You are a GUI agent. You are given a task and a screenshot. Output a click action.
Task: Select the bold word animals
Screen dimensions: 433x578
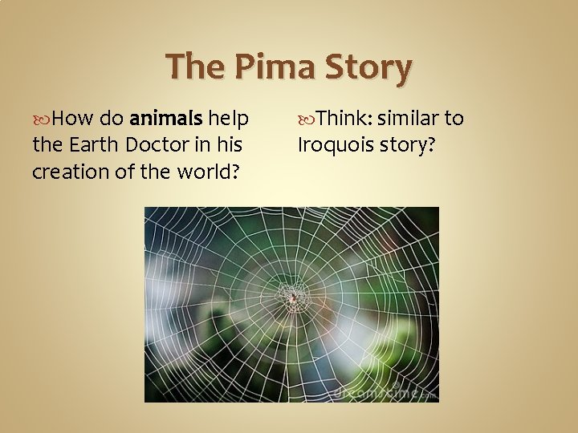pos(166,119)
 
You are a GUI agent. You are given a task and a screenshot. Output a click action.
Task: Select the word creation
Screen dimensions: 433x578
pos(67,172)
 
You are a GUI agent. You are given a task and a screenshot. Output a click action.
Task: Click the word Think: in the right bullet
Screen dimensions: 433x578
pos(343,119)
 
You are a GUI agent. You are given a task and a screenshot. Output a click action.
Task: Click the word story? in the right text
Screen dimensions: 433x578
pos(409,145)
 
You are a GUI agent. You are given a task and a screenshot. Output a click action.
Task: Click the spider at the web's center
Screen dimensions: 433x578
pos(293,298)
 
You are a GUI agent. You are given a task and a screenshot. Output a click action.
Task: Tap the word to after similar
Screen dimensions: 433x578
pos(454,119)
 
